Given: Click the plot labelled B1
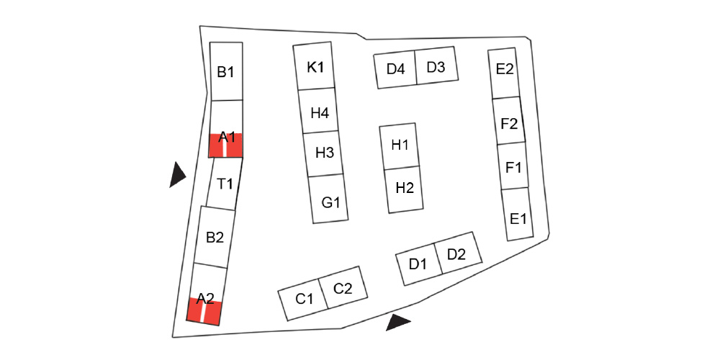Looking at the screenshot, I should pyautogui.click(x=226, y=72).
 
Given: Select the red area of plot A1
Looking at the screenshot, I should pyautogui.click(x=234, y=147).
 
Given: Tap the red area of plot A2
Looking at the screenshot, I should pyautogui.click(x=213, y=314).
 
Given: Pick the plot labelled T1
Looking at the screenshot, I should pyautogui.click(x=224, y=184).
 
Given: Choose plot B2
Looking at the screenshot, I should pyautogui.click(x=215, y=237).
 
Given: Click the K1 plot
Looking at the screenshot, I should pyautogui.click(x=315, y=67).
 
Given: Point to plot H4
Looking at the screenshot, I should pyautogui.click(x=320, y=112).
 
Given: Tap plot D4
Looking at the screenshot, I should pyautogui.click(x=396, y=70).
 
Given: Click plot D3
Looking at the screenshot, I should pyautogui.click(x=436, y=68).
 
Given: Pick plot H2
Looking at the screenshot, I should pyautogui.click(x=404, y=189).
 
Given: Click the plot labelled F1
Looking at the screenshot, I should pyautogui.click(x=513, y=167).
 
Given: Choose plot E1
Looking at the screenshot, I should pyautogui.click(x=518, y=216).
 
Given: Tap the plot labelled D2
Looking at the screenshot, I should pyautogui.click(x=456, y=253).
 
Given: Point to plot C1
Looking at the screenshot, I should pyautogui.click(x=305, y=298).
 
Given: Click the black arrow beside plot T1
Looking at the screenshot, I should pyautogui.click(x=176, y=175).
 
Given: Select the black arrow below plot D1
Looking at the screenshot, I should pyautogui.click(x=397, y=322).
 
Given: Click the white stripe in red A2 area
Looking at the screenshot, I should pyautogui.click(x=202, y=314).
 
